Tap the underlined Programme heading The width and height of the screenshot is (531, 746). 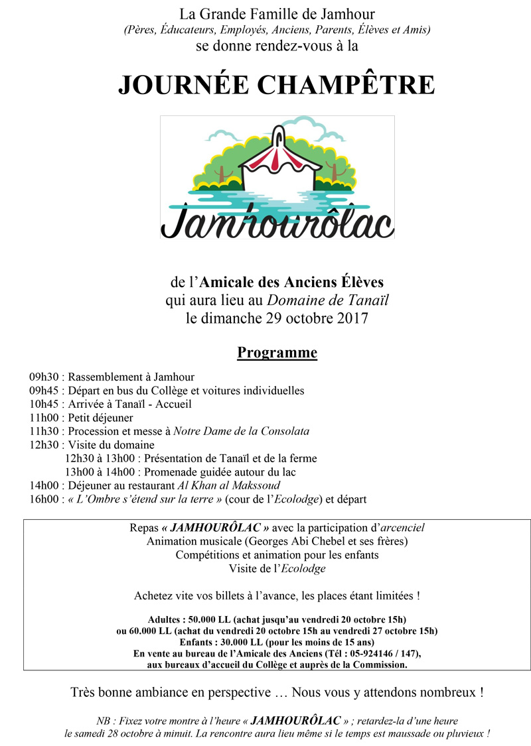(x=277, y=352)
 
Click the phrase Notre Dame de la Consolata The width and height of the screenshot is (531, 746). (x=241, y=431)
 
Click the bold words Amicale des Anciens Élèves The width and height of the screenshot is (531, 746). (x=289, y=283)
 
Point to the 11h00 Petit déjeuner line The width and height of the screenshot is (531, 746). (x=81, y=418)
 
